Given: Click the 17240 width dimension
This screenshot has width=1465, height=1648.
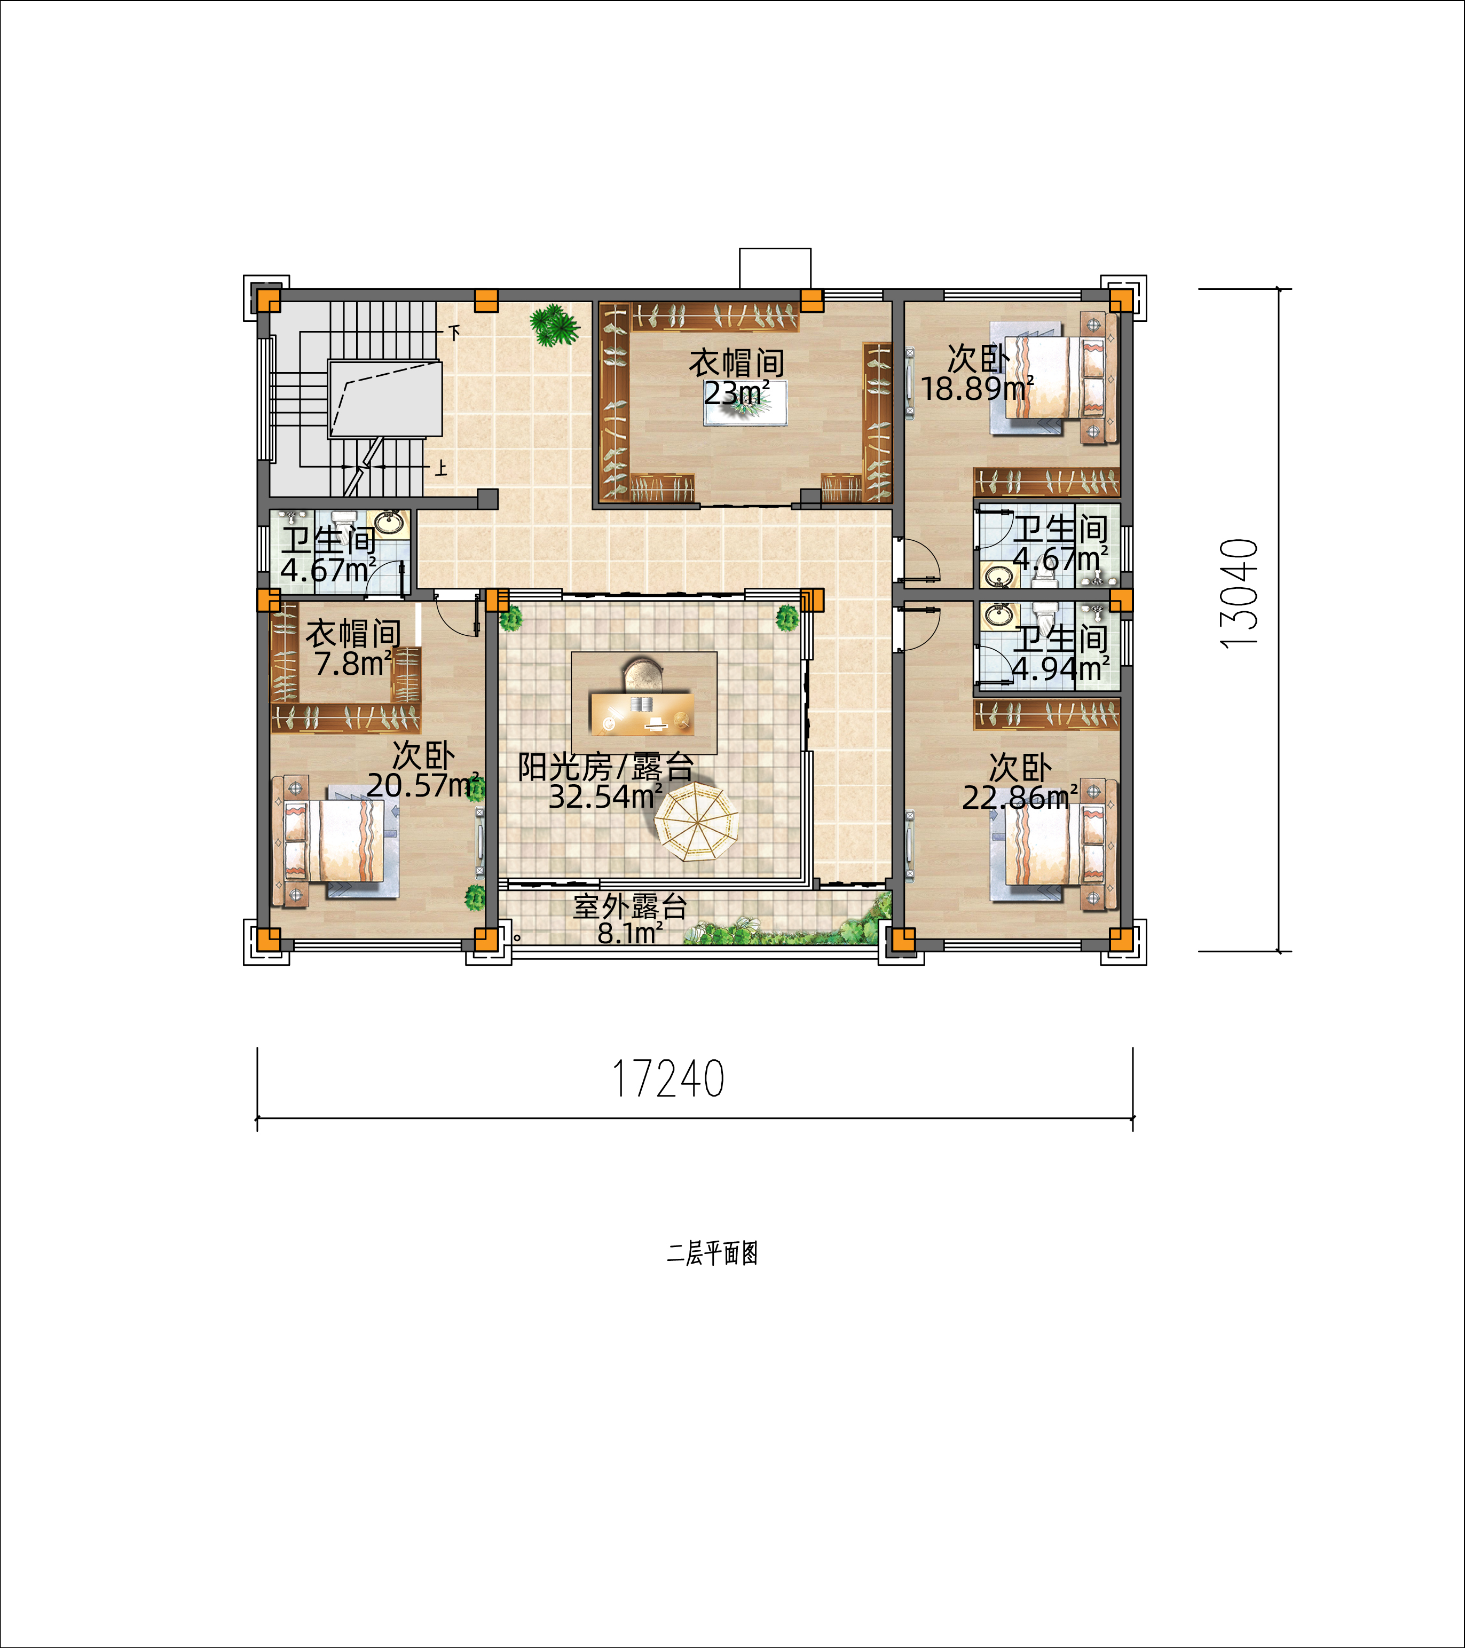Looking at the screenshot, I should point(668,1079).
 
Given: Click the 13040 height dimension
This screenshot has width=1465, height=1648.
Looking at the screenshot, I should point(1239,593).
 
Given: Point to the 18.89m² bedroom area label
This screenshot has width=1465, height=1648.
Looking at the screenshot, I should point(976,389).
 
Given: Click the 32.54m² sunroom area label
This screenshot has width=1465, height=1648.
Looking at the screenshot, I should point(605,796).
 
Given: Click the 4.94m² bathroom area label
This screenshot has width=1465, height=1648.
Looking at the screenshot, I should point(1059,668).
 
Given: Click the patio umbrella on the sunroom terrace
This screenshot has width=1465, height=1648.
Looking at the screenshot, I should point(696,822).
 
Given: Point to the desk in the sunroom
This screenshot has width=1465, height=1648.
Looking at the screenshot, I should point(643,712).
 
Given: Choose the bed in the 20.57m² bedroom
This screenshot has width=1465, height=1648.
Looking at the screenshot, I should point(338,841).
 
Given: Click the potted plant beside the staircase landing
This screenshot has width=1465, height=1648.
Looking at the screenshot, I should point(555,325).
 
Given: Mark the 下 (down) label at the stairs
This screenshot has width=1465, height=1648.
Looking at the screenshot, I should point(455,332).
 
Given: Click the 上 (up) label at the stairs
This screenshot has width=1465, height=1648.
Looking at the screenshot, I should point(441,468).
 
